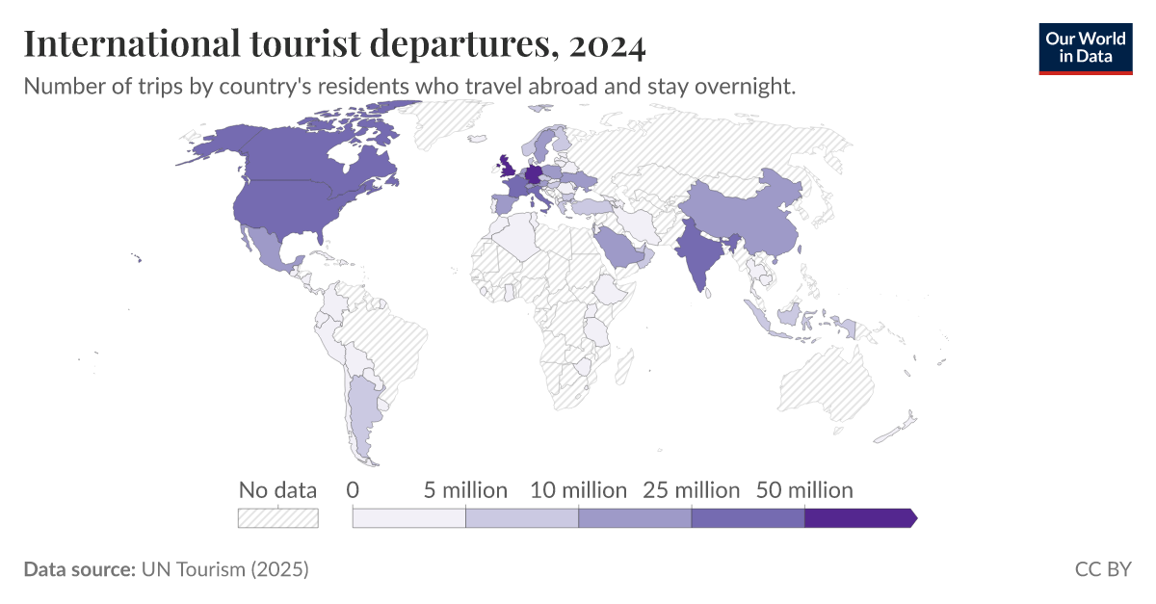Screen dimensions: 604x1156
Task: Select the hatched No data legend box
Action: click(277, 518)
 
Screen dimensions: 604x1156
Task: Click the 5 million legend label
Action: click(465, 490)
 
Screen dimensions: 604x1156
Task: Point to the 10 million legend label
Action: click(578, 490)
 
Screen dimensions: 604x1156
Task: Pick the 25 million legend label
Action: click(691, 490)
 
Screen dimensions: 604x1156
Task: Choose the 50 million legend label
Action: click(804, 490)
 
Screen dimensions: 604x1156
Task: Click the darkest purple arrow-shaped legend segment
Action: click(857, 518)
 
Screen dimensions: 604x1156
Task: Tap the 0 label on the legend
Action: click(353, 490)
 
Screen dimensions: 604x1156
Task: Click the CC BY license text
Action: click(1103, 569)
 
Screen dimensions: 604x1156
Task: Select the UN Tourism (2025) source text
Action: click(224, 569)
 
